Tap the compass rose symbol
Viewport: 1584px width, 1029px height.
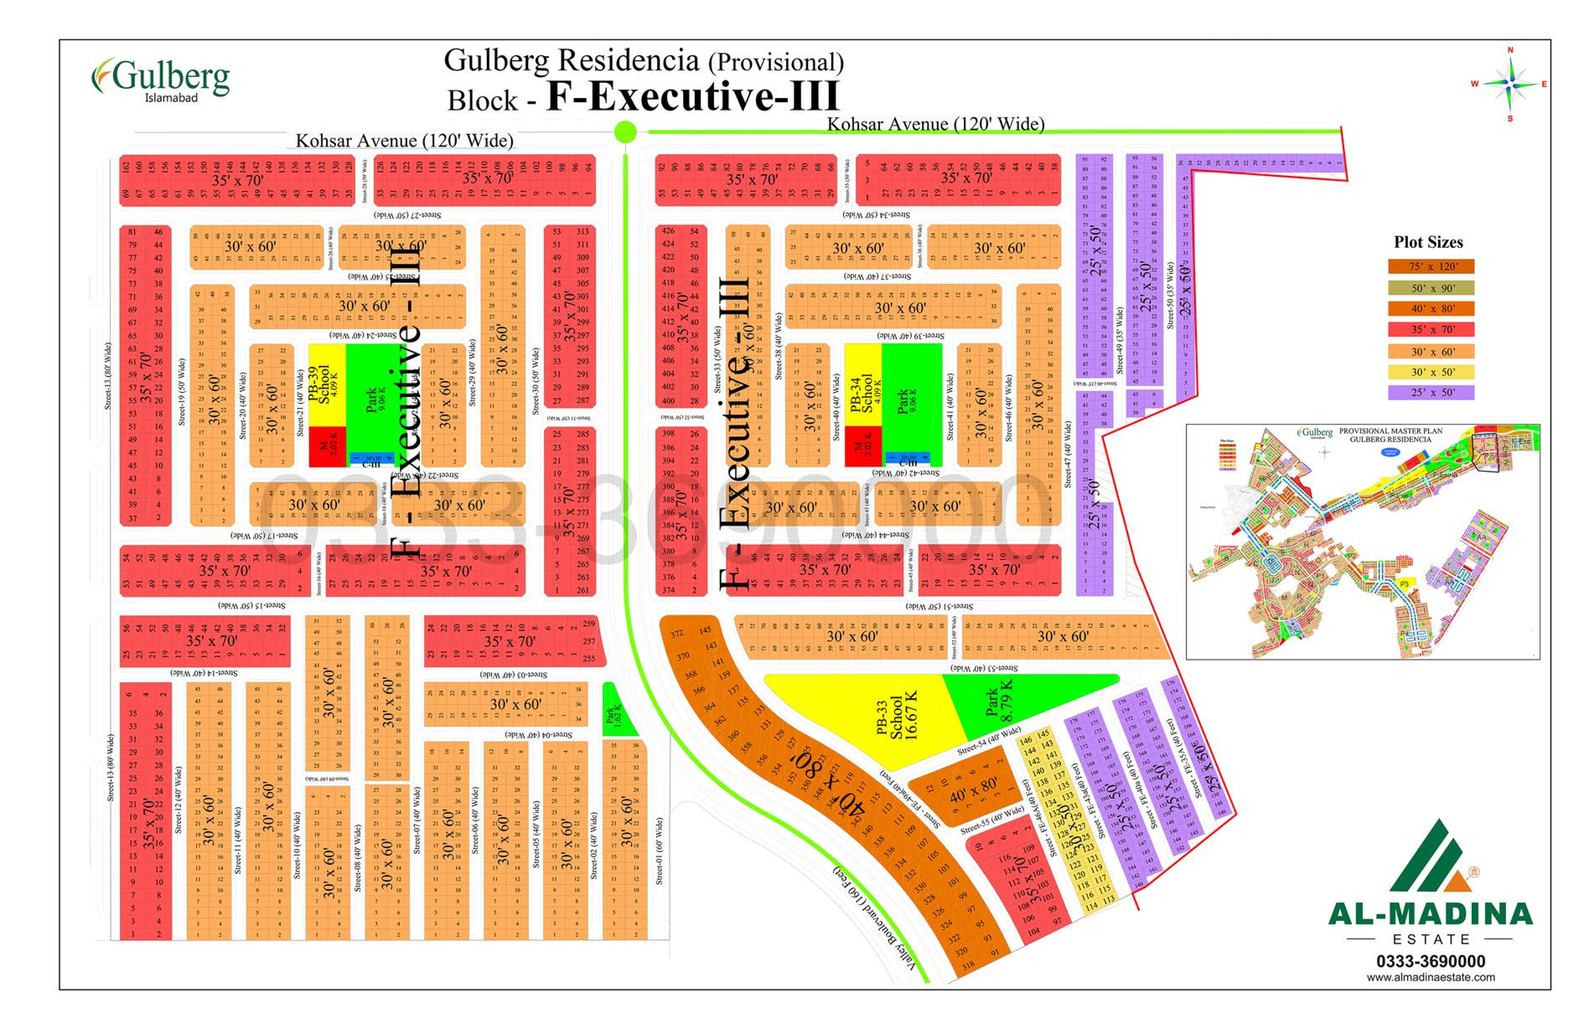[x=1511, y=84]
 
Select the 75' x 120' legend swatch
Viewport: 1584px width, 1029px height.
[x=1431, y=266]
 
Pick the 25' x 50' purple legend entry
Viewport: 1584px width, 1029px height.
[x=1431, y=392]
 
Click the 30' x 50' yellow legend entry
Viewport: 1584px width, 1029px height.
[x=1431, y=372]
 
